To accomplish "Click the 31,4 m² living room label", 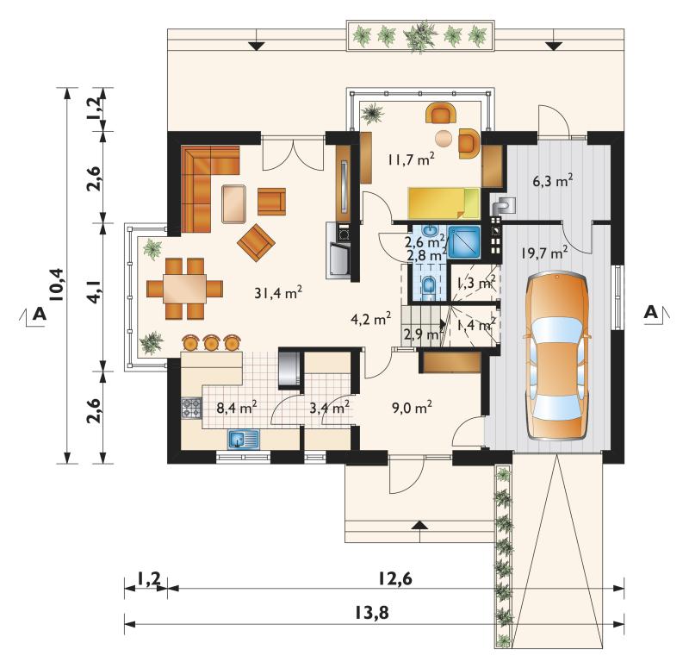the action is point(278,292).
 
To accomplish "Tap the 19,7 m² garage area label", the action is point(544,253).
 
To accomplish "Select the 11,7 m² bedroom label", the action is point(412,159).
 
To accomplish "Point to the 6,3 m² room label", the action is point(553,180).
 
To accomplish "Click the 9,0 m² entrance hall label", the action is point(412,407).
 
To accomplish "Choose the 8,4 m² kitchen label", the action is point(237,407).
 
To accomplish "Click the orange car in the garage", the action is point(557,356).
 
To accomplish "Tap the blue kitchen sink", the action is point(244,439).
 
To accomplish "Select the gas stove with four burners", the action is point(191,408).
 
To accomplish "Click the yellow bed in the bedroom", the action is point(444,203).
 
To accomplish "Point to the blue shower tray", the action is point(464,242).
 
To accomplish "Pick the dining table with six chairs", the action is point(184,289).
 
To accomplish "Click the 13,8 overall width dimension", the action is point(371,612).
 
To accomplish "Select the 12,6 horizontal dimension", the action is point(395,578).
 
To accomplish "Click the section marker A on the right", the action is point(651,312).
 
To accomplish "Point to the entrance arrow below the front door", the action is point(421,524).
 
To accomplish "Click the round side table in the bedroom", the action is point(444,138).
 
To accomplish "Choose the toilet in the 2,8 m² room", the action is point(428,286).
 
